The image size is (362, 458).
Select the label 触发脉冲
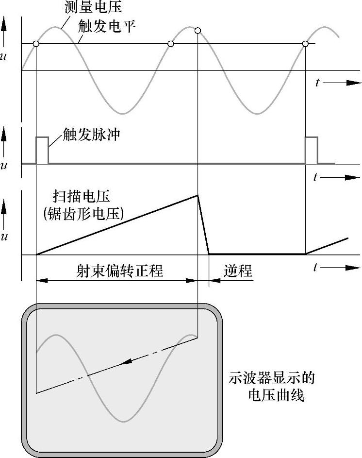[92, 134]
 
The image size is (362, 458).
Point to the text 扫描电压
[82, 197]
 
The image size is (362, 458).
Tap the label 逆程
[238, 271]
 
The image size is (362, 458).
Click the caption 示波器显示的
[275, 378]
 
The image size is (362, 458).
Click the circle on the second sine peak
[197, 31]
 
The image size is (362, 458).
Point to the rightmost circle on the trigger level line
[305, 44]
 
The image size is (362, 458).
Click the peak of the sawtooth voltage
[197, 195]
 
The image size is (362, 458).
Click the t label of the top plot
[317, 83]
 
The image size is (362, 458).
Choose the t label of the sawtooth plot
[316, 267]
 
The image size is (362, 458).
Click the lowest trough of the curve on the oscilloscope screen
[125, 421]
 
